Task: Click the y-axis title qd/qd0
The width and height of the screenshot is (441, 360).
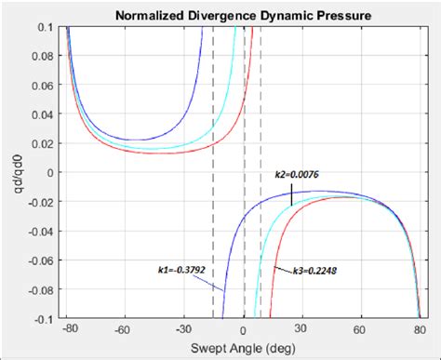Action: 13,172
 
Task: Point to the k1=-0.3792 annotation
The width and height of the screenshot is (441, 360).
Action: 181,271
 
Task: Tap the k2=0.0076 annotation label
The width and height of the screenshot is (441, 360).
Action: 297,173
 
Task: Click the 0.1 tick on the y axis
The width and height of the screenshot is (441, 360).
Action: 48,27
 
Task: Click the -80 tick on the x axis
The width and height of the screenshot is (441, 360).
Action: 69,329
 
